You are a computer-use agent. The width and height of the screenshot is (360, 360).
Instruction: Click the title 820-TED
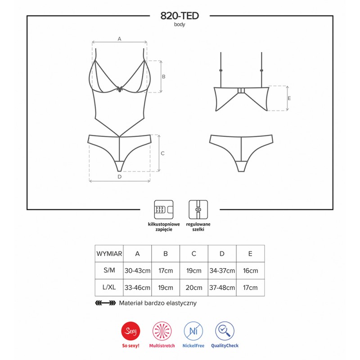click(x=180, y=16)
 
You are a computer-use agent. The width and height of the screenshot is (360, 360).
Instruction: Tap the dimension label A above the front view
click(x=119, y=39)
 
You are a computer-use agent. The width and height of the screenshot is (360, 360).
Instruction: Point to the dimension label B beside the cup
click(x=164, y=76)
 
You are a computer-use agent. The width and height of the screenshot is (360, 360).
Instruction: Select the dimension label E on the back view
click(x=289, y=98)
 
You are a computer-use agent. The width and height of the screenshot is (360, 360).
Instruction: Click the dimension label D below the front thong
click(x=120, y=177)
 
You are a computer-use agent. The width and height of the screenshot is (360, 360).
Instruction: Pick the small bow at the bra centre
click(x=120, y=89)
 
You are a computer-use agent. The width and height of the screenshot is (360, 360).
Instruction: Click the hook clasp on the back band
click(x=241, y=90)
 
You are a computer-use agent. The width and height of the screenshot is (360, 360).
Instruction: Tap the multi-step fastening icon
click(x=164, y=210)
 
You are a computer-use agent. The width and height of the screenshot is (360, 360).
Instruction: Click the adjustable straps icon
click(x=198, y=210)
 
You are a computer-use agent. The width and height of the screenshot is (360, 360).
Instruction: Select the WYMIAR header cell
click(x=109, y=254)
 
